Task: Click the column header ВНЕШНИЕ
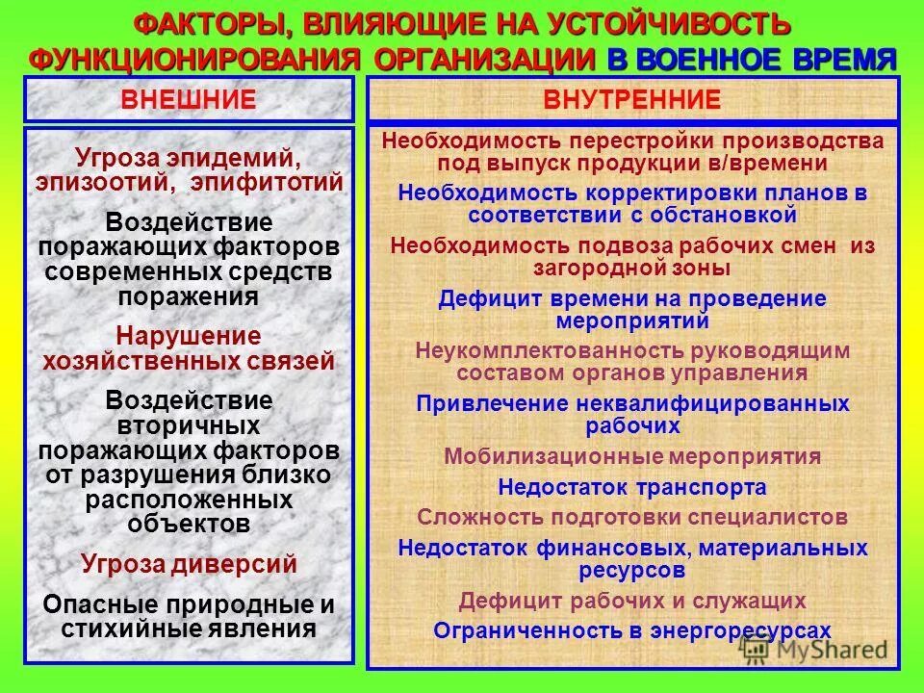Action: tap(188, 99)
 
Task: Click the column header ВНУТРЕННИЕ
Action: tap(632, 99)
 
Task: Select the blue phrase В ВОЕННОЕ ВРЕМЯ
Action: tap(751, 58)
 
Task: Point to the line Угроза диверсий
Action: tap(189, 564)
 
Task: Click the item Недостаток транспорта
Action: tap(632, 487)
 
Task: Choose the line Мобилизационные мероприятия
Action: tap(632, 456)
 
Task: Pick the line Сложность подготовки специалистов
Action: tap(632, 517)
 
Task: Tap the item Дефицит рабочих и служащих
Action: tap(632, 602)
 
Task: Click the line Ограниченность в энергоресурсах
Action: tap(632, 630)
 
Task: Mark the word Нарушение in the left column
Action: tap(189, 337)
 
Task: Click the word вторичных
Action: tap(189, 424)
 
